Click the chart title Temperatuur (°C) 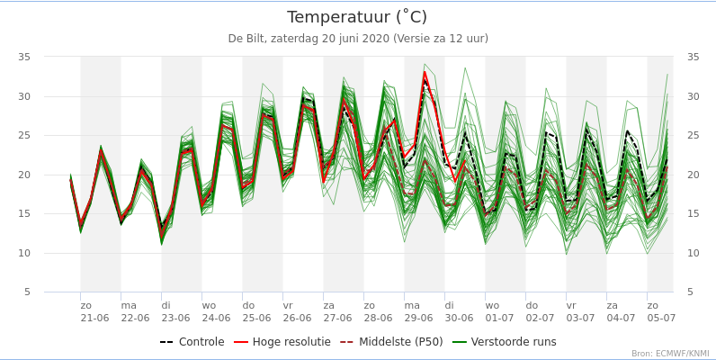click(357, 17)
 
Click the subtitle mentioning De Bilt click(357, 39)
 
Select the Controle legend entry click(192, 342)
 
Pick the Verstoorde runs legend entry click(505, 342)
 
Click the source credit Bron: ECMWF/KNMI click(670, 354)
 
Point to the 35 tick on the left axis click(24, 57)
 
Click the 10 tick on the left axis click(24, 253)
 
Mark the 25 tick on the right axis click(693, 135)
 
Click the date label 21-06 click(94, 318)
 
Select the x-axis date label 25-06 click(256, 318)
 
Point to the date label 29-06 click(418, 318)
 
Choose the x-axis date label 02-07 click(540, 318)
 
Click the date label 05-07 click(661, 318)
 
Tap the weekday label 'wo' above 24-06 click(209, 305)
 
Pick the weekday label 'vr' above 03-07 click(571, 305)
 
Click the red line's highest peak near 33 click(425, 73)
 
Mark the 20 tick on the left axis click(24, 175)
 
